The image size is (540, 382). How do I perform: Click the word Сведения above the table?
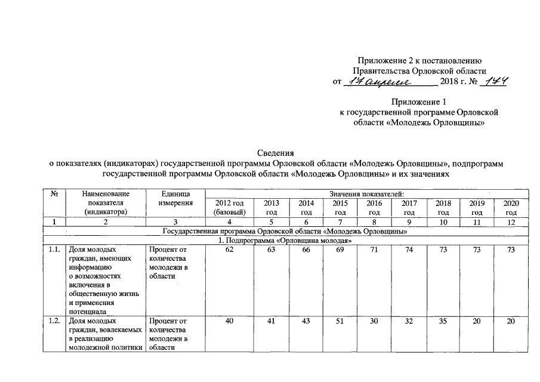coord(276,152)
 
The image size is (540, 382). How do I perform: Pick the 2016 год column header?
coord(375,208)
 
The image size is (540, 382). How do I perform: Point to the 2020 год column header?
coord(511,208)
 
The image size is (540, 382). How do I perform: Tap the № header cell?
coord(54,195)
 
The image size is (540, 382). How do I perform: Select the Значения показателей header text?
coord(366,195)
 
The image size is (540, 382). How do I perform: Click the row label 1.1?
coord(54,250)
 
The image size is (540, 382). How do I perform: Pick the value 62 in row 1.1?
coord(229,250)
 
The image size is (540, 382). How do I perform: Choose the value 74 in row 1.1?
coord(409,250)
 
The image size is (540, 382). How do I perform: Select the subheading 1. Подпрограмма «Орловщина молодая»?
coord(282,241)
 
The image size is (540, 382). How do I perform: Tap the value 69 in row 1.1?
coord(340,250)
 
